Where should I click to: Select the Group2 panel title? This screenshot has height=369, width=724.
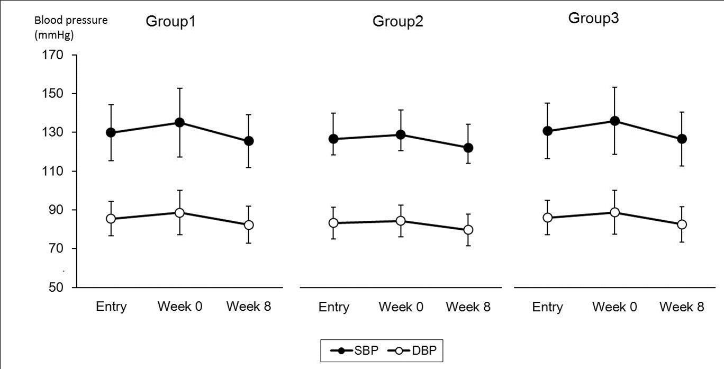(398, 22)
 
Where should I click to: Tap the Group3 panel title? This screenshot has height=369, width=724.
(594, 19)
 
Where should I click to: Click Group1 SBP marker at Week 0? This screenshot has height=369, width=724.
(179, 122)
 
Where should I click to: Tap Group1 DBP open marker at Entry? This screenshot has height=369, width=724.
(111, 219)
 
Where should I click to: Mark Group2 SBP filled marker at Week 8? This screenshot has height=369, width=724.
(468, 148)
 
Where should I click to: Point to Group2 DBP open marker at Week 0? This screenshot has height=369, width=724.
(401, 221)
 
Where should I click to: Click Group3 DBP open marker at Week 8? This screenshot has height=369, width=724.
(682, 224)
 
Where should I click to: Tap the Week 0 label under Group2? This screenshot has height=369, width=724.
(401, 308)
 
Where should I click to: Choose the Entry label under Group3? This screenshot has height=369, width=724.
(547, 308)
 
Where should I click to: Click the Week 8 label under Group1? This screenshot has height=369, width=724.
(248, 307)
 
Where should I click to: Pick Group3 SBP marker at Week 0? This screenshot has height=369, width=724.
(614, 121)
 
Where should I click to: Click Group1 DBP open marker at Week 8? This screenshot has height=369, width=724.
(248, 225)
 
